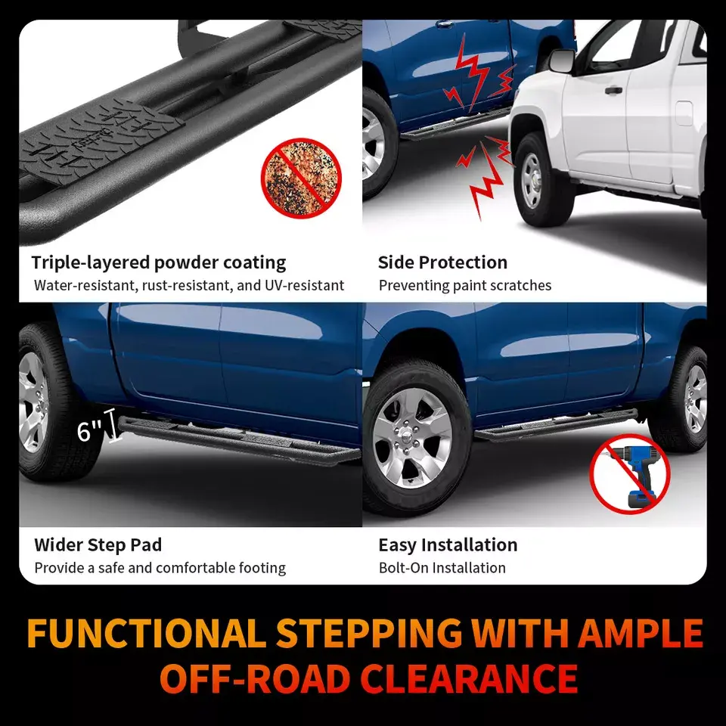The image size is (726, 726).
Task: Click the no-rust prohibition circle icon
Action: coord(302,178)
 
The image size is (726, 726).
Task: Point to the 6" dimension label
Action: coord(89,431)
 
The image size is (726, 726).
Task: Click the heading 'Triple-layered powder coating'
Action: coord(158,262)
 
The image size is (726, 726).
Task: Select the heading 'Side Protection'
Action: coord(442,262)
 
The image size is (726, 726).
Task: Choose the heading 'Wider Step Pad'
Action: coord(98,545)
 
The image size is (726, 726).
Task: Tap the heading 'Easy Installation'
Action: coord(448,545)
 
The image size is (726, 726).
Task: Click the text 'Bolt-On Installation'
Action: coord(442,568)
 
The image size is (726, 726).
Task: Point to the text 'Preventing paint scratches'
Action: coord(465,285)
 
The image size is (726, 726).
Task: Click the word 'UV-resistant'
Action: coord(304,285)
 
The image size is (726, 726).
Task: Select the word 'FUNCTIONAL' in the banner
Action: coord(146,633)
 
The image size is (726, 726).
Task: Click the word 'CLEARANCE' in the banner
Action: coord(469,678)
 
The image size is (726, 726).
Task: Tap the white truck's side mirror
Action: coord(562,61)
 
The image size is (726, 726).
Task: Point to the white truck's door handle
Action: coord(613,90)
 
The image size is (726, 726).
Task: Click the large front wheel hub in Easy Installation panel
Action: coord(413,438)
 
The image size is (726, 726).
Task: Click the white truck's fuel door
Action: coord(684,113)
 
